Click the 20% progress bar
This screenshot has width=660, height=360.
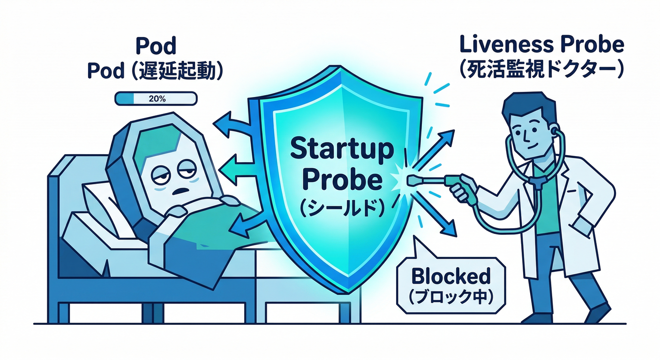coord(156,98)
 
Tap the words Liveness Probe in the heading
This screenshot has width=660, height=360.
coord(542,45)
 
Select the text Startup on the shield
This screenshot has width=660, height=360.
coord(341,150)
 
